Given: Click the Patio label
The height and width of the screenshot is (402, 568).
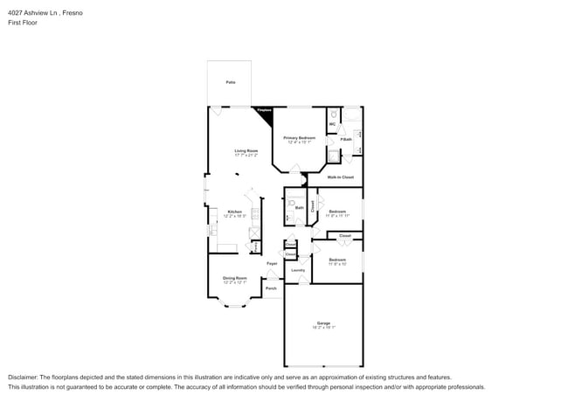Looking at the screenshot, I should [231, 82].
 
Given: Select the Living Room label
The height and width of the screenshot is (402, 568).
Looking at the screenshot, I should [246, 150].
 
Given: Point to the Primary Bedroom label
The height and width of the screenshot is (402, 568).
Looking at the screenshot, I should [299, 138].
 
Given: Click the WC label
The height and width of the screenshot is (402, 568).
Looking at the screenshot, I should [332, 124].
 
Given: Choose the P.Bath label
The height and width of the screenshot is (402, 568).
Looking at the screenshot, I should [346, 139].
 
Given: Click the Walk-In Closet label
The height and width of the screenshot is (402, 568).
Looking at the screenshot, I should [340, 177].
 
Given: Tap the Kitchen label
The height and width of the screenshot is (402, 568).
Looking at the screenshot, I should [234, 211].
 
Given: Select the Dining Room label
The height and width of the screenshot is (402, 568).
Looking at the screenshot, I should [234, 278].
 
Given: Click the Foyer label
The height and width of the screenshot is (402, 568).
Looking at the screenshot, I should [272, 263].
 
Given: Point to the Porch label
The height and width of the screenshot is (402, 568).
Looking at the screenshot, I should [271, 287].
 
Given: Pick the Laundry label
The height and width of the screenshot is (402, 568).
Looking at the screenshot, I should [297, 271].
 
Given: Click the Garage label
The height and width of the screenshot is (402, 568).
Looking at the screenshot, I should [323, 323].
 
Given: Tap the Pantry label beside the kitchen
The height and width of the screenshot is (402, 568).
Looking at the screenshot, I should [254, 246].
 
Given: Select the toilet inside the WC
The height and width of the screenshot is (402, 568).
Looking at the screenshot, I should [334, 114].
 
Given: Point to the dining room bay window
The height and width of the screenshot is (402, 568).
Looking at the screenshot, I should [233, 302].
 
